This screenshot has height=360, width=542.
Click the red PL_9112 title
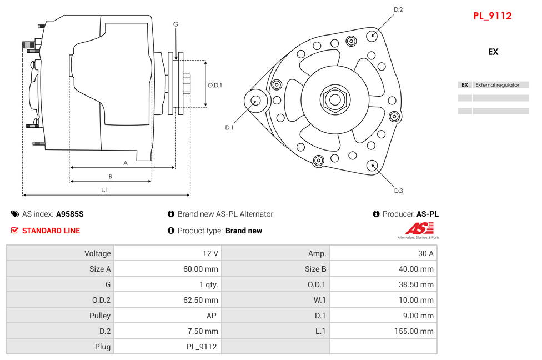coord(492,16)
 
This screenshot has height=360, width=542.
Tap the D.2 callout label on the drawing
coord(398,9)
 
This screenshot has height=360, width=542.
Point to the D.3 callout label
coord(398,191)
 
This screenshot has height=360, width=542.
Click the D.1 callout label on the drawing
coord(229,127)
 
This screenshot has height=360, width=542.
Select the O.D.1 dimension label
coord(215,85)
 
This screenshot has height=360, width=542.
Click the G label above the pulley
coord(175,24)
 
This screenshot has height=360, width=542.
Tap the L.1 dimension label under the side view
coord(104,190)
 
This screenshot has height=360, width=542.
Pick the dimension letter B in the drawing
coord(110,177)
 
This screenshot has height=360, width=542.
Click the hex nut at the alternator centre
coord(334,100)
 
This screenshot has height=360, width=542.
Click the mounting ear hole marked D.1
coord(256,101)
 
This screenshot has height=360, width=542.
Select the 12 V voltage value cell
coord(167,253)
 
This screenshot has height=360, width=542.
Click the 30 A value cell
coord(383,253)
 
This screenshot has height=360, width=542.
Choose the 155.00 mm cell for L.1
coord(383,331)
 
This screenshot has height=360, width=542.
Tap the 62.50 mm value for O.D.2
coord(167,300)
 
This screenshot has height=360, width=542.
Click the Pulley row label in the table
coord(60,316)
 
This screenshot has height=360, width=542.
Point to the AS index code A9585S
coord(69,214)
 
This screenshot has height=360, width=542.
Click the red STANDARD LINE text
coord(51,231)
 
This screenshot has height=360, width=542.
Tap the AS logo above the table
coord(419,229)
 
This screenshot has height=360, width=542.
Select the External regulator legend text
coord(497,85)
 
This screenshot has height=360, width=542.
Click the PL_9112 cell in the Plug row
coord(167,347)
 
